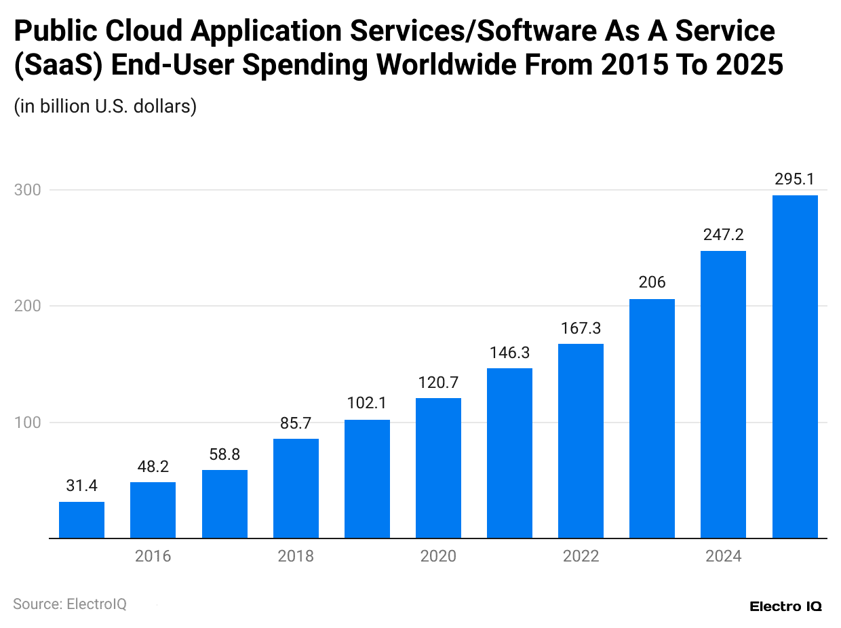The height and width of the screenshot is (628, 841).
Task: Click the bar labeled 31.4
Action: (x=81, y=520)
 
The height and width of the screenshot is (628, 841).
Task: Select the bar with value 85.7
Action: (x=296, y=488)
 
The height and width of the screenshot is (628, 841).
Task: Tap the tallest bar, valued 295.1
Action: (x=795, y=367)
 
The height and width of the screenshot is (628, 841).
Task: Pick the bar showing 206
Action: (x=652, y=418)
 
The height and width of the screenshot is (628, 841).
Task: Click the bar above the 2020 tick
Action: (x=438, y=468)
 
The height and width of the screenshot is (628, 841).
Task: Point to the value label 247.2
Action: (x=723, y=235)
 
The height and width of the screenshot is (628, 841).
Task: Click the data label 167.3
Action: (x=581, y=328)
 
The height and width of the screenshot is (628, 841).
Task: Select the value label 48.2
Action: (x=153, y=467)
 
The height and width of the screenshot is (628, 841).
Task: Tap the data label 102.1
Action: (x=367, y=404)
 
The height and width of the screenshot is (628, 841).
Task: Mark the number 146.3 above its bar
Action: (x=509, y=353)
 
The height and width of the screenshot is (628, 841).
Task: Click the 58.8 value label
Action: (x=224, y=454)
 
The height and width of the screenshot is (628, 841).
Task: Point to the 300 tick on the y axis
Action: (x=27, y=190)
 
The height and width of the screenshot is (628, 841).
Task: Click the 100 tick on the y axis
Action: (x=27, y=423)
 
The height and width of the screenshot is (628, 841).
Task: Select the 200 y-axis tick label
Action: (x=27, y=306)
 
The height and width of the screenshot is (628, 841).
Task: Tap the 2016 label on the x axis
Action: (x=153, y=557)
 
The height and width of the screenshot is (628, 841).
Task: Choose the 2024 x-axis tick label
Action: (x=723, y=557)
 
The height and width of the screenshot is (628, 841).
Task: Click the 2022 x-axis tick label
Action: (x=581, y=557)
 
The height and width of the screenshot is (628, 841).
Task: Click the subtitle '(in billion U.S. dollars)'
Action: (x=105, y=106)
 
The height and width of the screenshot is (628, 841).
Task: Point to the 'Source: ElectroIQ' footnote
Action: (x=70, y=604)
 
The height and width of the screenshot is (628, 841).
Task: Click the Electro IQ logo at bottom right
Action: (x=785, y=606)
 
